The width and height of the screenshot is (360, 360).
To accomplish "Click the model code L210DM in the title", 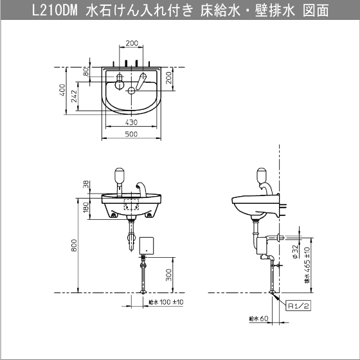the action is point(55,10).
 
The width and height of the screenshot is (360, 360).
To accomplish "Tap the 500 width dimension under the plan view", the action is point(131,134).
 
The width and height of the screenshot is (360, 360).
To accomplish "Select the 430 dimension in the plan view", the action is point(131,122).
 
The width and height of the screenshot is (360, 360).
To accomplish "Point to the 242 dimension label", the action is point(74,96).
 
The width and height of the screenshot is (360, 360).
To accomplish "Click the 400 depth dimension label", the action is point(62,90).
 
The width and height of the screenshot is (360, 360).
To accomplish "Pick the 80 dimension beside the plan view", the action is point(86,72).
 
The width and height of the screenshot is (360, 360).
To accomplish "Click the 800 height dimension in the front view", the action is point(74,245).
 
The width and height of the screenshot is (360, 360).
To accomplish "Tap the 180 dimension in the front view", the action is point(86,207).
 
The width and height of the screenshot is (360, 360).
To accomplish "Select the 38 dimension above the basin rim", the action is point(86,184).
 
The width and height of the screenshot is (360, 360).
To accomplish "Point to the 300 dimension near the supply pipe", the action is point(168,275).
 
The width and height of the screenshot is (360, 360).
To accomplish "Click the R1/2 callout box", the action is point(298,305).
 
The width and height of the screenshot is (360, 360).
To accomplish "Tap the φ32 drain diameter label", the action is point(296,251).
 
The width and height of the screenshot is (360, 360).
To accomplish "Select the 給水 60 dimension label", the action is point(258,318).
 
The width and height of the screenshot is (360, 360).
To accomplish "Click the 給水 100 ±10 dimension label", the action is point(166,302).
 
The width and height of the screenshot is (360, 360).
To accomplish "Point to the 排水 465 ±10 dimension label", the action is point(307,265).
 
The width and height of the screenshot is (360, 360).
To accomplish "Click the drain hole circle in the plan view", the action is point(131,91).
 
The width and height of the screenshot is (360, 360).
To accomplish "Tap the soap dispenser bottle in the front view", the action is point(119,175).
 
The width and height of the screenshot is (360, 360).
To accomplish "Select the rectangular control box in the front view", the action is point(147,246).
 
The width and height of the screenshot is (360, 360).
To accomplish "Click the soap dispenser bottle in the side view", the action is point(262,175).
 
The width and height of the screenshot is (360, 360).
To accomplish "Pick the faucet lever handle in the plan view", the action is point(141,81).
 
